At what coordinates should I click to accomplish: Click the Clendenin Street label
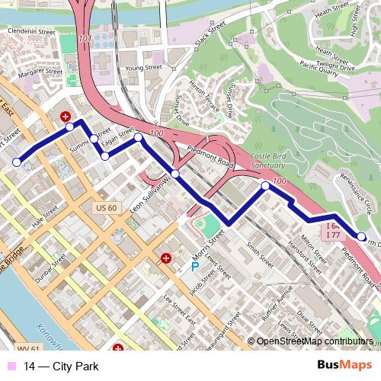click(32, 32)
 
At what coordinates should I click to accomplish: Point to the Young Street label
click(144, 68)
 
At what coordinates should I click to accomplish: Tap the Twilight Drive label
click(335, 67)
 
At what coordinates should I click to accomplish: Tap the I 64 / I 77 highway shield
click(334, 232)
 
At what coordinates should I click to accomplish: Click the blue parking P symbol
click(194, 267)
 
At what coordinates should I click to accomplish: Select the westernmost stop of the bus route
click(17, 162)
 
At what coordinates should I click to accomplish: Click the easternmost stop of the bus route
click(362, 236)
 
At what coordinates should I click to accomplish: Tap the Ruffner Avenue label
click(276, 300)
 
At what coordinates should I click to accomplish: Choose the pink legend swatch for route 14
click(11, 367)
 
